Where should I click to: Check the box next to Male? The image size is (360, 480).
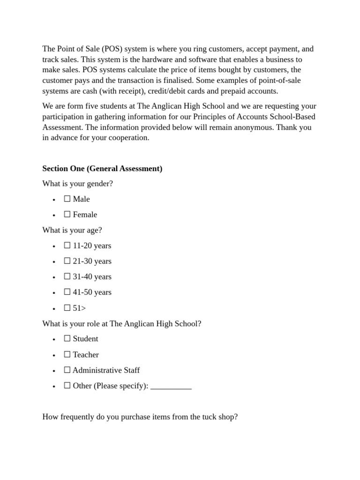pos(67,199)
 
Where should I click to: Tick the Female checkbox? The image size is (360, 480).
pos(67,214)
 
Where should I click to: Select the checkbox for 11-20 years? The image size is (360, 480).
pos(67,245)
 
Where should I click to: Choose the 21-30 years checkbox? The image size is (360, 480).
pos(67,261)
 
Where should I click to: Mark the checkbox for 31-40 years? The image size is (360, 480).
pos(67,276)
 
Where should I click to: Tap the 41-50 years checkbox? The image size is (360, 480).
pos(67,292)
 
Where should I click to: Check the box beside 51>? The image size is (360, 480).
pos(67,307)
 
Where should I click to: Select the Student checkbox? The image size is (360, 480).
pos(67,338)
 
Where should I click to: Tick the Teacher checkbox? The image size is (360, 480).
pos(67,354)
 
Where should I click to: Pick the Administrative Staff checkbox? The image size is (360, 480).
pos(67,370)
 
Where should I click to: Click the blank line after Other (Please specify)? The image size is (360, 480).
pos(171,386)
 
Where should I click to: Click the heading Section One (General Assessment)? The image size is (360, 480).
pos(102,168)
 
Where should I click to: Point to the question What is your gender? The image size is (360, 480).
pos(77,183)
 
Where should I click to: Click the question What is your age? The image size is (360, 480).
pos(72,230)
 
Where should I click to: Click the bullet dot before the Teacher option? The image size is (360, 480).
pos(54,355)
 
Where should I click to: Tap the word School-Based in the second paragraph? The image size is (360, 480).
pos(292,116)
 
